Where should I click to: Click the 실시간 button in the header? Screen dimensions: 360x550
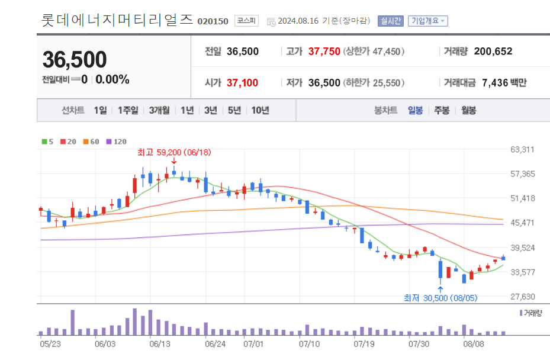point(390,21)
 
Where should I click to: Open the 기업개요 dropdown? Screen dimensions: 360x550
point(428,21)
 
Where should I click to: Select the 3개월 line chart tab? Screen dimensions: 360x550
point(159,110)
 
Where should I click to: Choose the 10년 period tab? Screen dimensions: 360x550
point(260,110)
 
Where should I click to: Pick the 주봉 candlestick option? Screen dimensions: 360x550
point(442,110)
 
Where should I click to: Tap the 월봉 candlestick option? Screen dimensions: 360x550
point(468,110)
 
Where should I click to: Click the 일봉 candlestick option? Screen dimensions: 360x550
point(415,110)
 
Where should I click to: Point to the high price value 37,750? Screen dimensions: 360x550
point(324,52)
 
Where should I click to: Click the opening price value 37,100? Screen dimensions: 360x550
point(242,83)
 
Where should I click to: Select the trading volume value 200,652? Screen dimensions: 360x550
point(488,52)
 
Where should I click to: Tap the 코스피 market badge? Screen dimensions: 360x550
point(246,21)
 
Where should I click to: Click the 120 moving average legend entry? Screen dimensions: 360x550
point(117,142)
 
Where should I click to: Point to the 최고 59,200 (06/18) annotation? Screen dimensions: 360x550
point(174,152)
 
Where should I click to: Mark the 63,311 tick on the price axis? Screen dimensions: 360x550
point(522,149)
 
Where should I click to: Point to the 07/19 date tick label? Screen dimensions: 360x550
point(362,343)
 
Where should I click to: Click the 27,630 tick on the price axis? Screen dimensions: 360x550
point(522,297)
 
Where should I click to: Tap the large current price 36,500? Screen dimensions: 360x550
point(75,60)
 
